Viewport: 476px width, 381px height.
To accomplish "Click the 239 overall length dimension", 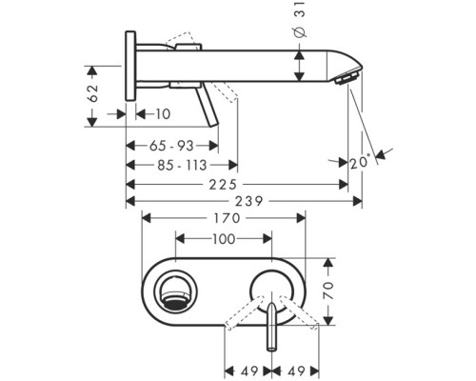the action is [248, 201].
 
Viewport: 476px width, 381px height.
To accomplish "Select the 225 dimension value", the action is [223, 185].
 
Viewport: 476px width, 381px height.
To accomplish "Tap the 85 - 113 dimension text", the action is [182, 165].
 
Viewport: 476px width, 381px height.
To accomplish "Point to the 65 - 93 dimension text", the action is [171, 146].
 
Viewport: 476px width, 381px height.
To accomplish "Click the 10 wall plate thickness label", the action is [163, 114].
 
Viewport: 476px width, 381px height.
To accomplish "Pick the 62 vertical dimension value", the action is [92, 93].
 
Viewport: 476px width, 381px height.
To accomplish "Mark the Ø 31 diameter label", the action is [300, 19].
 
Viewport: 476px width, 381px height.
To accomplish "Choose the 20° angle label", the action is [361, 163].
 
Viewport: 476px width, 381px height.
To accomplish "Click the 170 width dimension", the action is [227, 218].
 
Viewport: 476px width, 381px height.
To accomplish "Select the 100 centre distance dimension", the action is [224, 239].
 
